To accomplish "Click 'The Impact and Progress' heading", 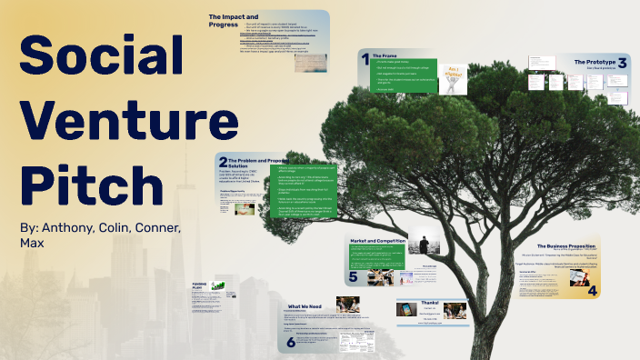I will [235, 23].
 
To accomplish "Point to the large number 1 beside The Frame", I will [365, 60].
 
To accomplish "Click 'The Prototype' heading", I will [594, 61].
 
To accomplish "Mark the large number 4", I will [593, 290].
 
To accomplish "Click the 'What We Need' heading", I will [306, 307].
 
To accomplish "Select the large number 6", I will [291, 342].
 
